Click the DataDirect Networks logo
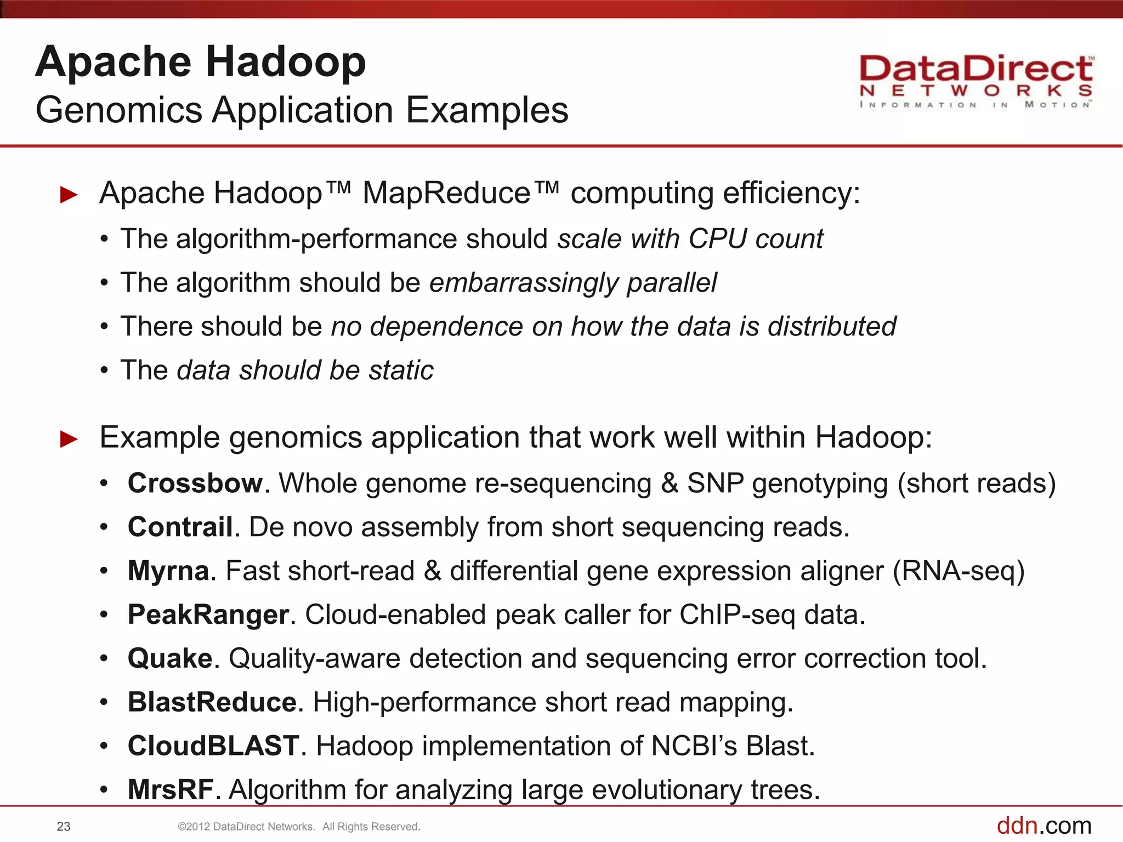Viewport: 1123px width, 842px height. click(975, 81)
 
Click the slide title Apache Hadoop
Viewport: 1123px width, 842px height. click(201, 61)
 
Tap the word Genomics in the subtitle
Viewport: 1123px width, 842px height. click(119, 110)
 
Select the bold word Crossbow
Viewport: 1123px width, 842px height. click(195, 483)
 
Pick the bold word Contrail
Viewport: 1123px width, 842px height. click(180, 527)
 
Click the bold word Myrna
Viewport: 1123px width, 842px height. click(168, 571)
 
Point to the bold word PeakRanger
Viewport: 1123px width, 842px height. click(208, 615)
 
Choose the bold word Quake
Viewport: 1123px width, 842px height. click(169, 658)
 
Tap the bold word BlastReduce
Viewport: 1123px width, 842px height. click(212, 702)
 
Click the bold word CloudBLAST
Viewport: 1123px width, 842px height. click(213, 746)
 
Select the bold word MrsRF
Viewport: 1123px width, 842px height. click(170, 790)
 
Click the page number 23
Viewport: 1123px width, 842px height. click(64, 827)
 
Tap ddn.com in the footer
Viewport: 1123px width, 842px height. click(1043, 826)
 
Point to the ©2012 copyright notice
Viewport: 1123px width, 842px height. click(299, 827)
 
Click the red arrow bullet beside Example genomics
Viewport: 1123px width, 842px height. click(69, 439)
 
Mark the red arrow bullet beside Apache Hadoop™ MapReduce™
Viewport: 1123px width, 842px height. click(69, 195)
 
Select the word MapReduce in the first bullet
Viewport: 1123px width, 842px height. click(446, 194)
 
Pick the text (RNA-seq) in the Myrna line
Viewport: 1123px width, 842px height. click(958, 571)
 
